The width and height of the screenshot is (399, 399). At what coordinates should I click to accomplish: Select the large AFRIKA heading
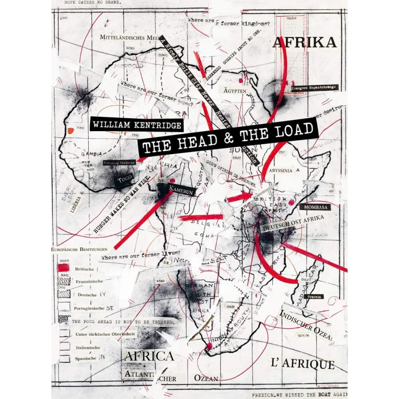point(304,43)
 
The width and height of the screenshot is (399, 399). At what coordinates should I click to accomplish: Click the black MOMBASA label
point(313,206)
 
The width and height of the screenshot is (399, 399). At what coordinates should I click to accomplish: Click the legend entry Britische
point(84,269)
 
